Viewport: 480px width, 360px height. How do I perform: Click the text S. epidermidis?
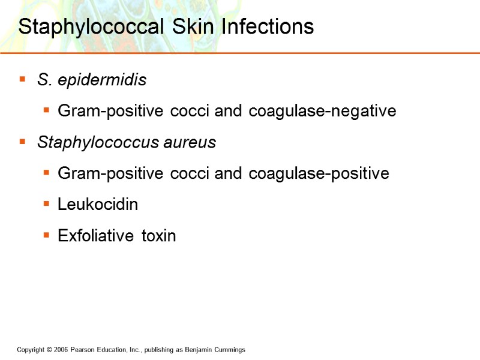91,80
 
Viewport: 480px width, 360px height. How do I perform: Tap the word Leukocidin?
98,205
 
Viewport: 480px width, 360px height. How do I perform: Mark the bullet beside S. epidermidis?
23,79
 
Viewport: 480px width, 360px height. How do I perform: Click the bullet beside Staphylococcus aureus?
23,142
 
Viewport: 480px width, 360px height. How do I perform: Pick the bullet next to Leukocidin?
46,204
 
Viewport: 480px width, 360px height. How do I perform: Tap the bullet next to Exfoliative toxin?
46,235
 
